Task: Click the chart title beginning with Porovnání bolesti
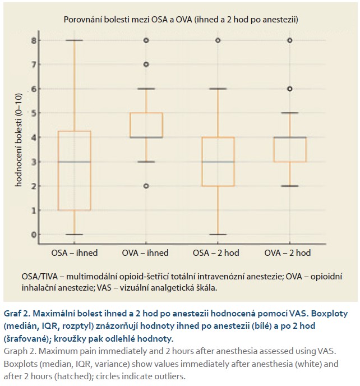point(180,20)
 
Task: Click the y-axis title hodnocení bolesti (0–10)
point(19,137)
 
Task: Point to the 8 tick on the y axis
point(33,40)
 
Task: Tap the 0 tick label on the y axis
point(33,235)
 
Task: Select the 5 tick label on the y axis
point(33,113)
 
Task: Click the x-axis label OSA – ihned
point(75,253)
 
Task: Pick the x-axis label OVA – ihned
point(146,253)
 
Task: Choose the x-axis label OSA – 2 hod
point(216,253)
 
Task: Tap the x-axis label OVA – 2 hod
point(287,253)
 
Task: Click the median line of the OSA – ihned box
point(75,162)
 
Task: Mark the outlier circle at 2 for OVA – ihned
point(146,186)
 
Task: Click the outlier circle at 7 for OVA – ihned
point(146,65)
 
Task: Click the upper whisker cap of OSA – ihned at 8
point(75,40)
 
